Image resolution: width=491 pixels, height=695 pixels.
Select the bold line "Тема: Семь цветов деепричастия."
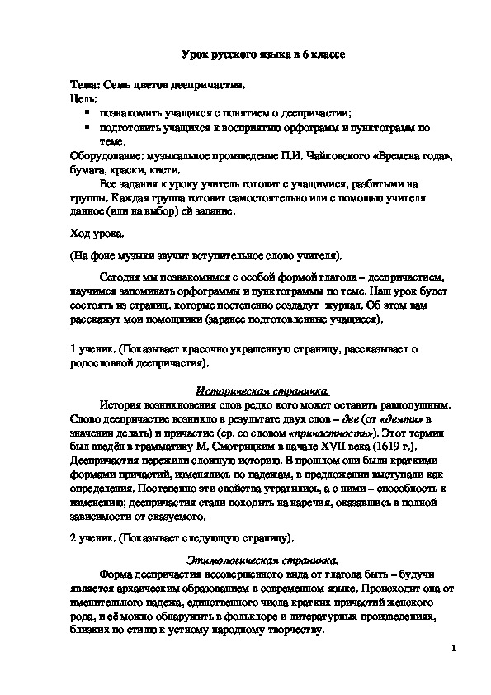157,86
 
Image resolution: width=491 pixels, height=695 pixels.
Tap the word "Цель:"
83,98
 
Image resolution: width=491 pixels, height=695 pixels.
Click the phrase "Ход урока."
97,235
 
